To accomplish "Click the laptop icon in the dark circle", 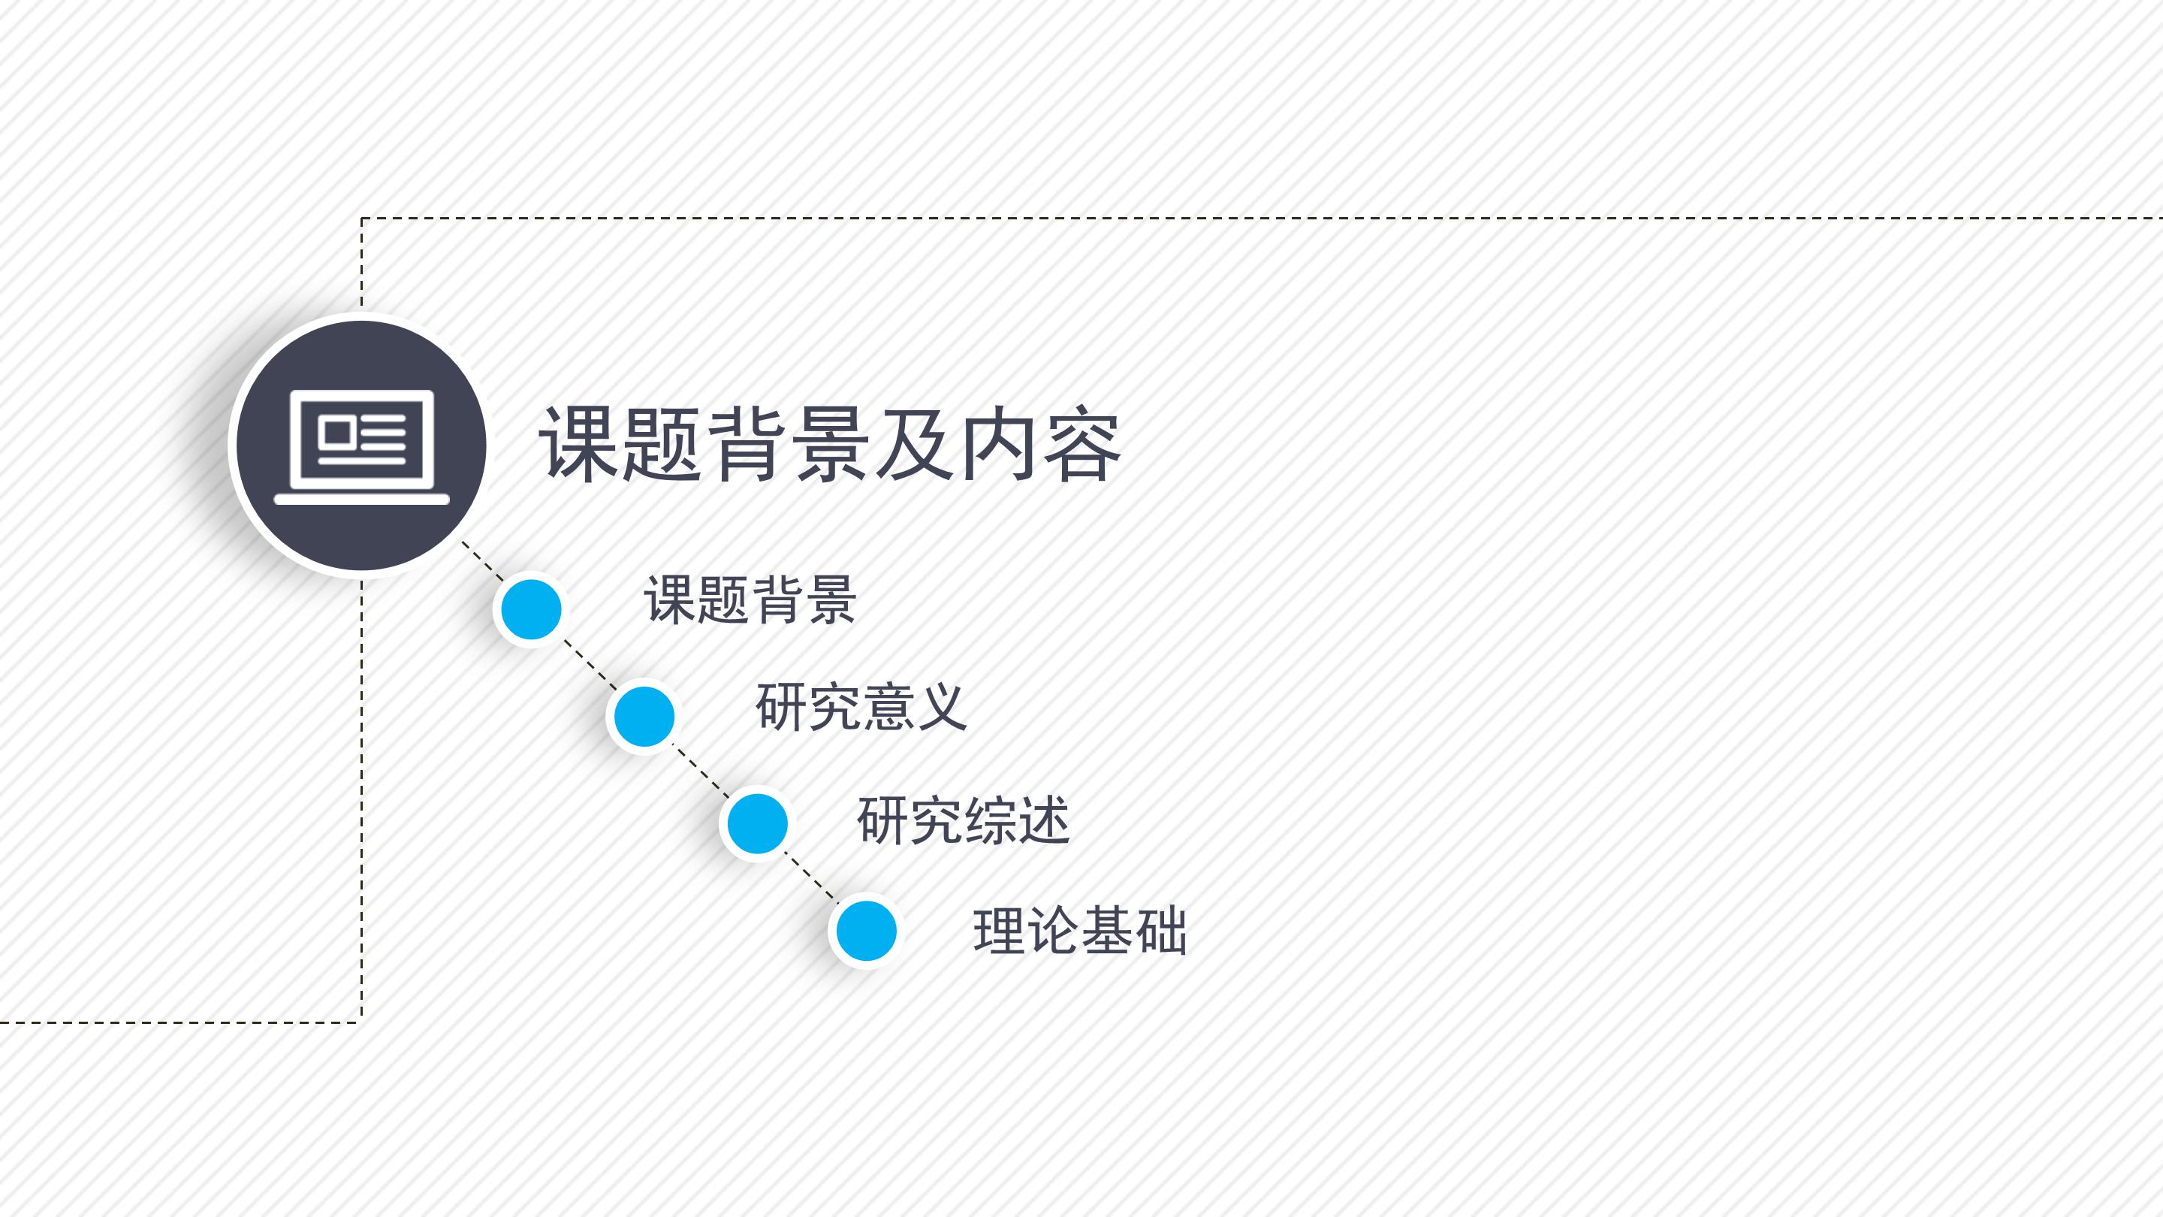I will pyautogui.click(x=362, y=446).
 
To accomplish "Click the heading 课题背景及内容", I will pyautogui.click(x=830, y=445).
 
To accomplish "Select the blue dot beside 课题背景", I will pyautogui.click(x=531, y=609).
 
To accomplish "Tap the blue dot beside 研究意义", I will pyautogui.click(x=644, y=716).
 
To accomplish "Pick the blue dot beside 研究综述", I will pyautogui.click(x=757, y=823).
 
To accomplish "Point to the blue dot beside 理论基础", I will pyautogui.click(x=867, y=931).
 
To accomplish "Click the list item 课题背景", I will pyautogui.click(x=750, y=599).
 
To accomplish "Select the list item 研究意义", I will pyautogui.click(x=861, y=706).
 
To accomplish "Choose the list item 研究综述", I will pyautogui.click(x=963, y=820).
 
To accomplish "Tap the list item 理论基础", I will pyautogui.click(x=1080, y=931).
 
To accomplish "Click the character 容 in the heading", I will pyautogui.click(x=1081, y=445).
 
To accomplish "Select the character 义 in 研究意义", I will pyautogui.click(x=941, y=706).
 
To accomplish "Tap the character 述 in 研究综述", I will pyautogui.click(x=1044, y=820).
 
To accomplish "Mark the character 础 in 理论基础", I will pyautogui.click(x=1160, y=931).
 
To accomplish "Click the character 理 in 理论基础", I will pyautogui.click(x=998, y=931).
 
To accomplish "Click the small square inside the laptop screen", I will pyautogui.click(x=337, y=432).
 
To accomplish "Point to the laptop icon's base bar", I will pyautogui.click(x=362, y=500).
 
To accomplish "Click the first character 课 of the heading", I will pyautogui.click(x=578, y=445).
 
